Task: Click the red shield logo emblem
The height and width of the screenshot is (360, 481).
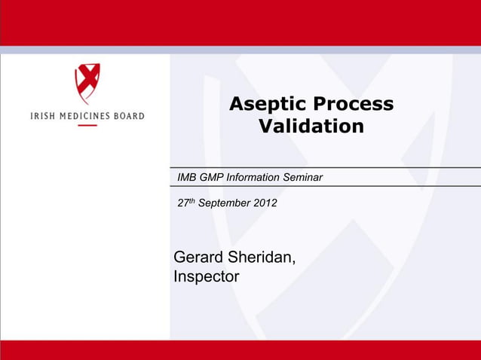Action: point(87,84)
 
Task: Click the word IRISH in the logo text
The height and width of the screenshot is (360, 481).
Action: point(42,116)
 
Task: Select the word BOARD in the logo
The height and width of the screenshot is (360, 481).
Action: point(128,116)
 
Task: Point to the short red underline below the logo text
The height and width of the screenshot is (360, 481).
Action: point(87,125)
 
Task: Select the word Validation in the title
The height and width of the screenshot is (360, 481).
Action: point(311,127)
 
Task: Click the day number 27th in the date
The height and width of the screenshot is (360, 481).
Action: point(185,203)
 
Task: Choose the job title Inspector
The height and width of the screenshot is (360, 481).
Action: point(207,277)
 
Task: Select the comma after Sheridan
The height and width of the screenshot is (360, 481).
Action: point(294,264)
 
